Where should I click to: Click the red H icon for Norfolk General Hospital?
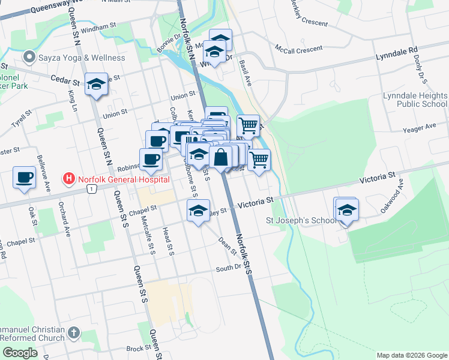[70, 179]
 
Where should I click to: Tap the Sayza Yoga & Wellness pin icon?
[28, 58]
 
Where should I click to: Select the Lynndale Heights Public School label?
[415, 100]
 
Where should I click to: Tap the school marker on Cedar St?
[96, 85]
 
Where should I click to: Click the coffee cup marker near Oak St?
[25, 178]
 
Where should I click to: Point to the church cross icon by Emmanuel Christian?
[73, 332]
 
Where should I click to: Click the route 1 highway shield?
[91, 189]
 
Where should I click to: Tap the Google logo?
[20, 352]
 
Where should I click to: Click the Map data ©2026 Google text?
[411, 355]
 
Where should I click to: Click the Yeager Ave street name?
[419, 127]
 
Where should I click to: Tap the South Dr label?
[228, 268]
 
